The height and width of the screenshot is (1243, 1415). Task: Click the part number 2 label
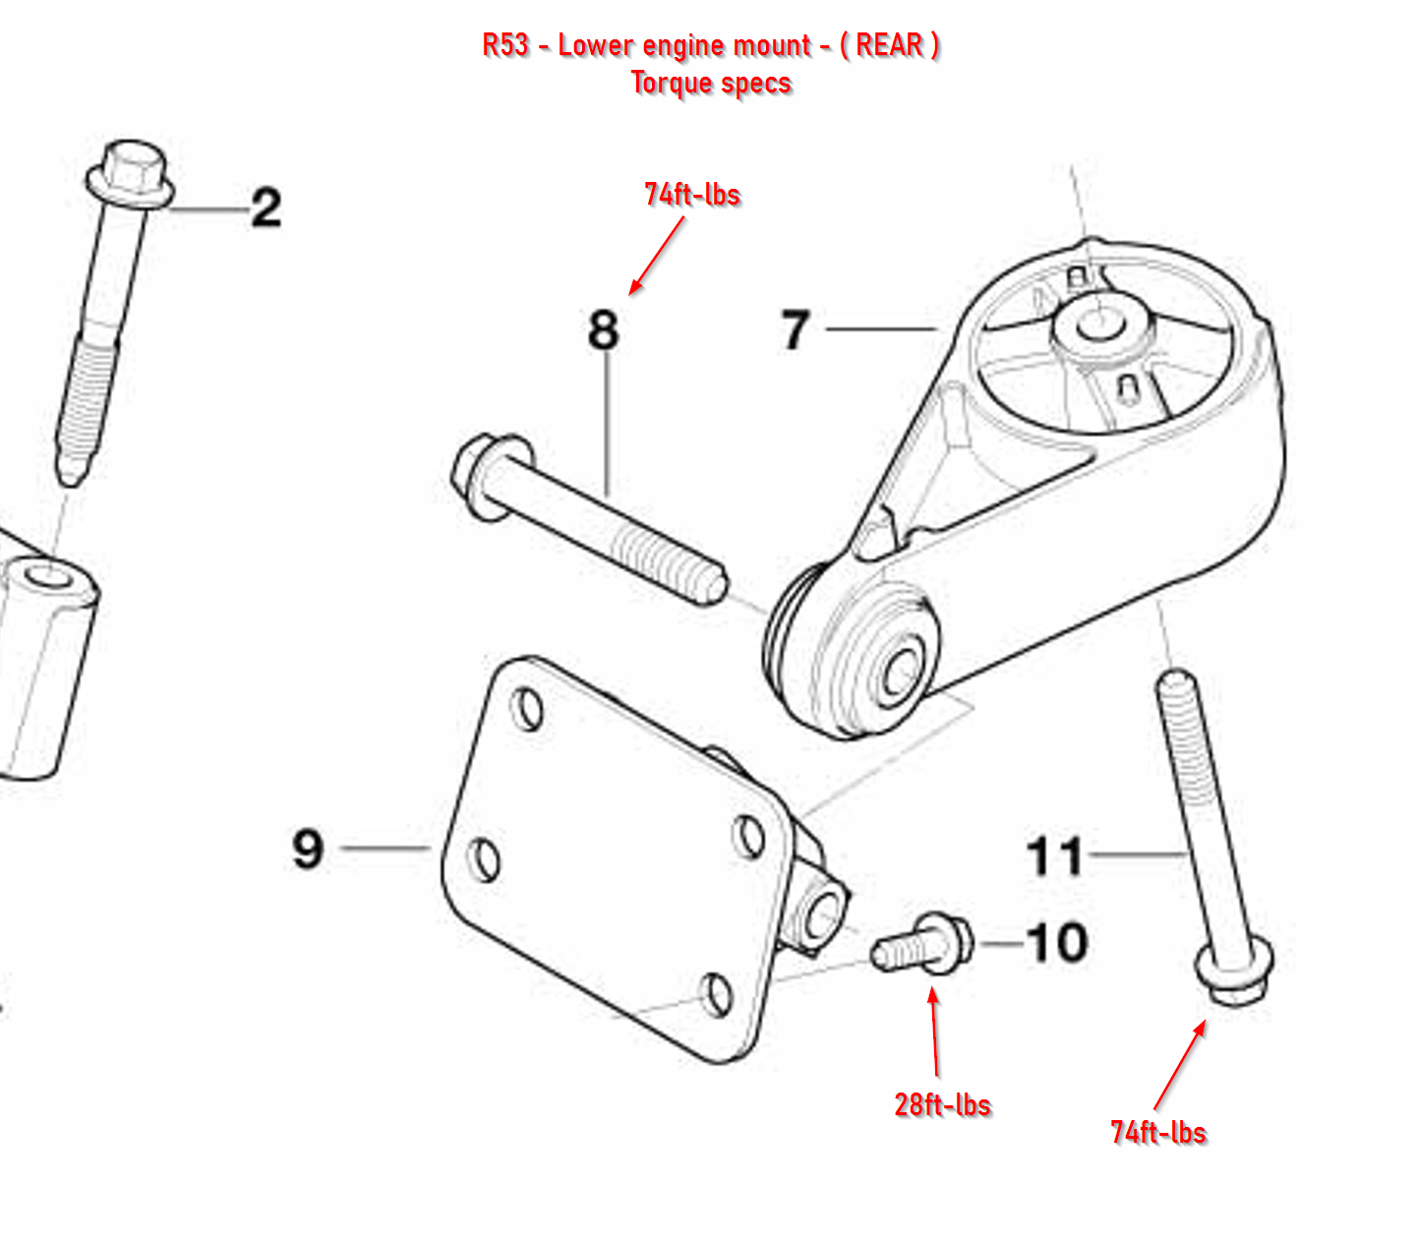265,208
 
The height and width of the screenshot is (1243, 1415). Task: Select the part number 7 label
796,329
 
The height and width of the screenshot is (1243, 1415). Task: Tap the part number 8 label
604,329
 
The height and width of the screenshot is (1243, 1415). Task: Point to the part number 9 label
308,848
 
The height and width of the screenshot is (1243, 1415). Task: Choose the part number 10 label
1057,943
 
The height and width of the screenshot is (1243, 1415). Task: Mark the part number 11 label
1055,857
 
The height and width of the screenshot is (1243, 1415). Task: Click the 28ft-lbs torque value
942,1104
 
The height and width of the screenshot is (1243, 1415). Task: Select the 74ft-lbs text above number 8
692,194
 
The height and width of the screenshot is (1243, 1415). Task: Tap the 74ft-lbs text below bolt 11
1157,1132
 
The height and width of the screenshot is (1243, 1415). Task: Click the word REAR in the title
889,45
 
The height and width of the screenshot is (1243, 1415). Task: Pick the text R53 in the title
505,45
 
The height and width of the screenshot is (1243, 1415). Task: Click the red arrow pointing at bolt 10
934,1033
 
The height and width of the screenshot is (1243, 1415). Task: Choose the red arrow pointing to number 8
656,255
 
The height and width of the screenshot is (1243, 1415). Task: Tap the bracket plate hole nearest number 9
485,858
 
